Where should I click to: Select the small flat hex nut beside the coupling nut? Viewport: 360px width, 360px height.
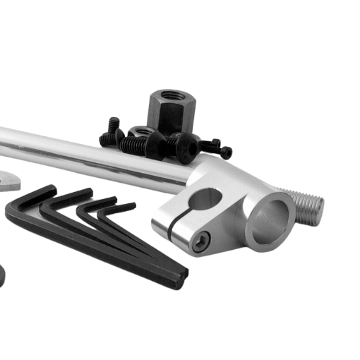pyautogui.click(x=140, y=131)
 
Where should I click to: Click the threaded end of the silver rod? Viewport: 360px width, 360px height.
pyautogui.click(x=308, y=205)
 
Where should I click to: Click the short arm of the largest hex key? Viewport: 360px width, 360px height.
pyautogui.click(x=32, y=197)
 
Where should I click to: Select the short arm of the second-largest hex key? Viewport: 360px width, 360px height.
pyautogui.click(x=68, y=198)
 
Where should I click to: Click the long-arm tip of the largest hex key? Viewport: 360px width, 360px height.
pyautogui.click(x=179, y=280)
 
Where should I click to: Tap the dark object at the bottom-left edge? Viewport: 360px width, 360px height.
pyautogui.click(x=2, y=275)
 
